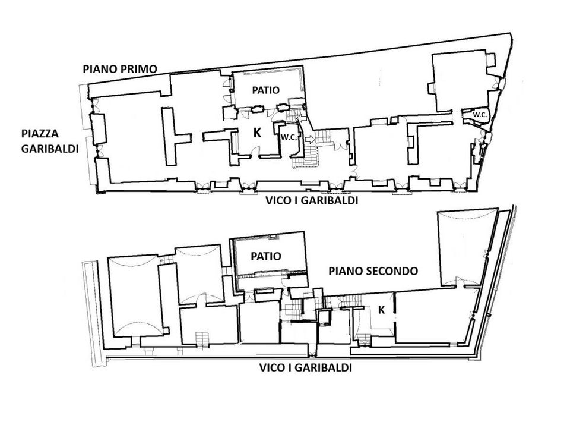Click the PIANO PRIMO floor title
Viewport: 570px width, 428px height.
pos(120,69)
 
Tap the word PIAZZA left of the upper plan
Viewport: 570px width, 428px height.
pos(40,134)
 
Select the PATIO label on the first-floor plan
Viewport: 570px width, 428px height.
pos(266,90)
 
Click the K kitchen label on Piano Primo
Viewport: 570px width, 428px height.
pos(257,133)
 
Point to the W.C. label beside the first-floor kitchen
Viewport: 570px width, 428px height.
pos(289,137)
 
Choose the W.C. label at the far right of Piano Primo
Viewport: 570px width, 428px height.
pos(480,115)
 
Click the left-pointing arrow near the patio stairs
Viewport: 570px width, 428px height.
pos(302,118)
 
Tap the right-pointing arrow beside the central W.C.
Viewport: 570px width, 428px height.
pos(310,139)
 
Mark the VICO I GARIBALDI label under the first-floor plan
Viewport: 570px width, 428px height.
pos(312,200)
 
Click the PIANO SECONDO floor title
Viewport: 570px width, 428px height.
pos(373,271)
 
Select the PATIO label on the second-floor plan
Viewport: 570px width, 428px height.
pos(266,256)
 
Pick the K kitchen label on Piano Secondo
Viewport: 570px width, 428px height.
pos(381,310)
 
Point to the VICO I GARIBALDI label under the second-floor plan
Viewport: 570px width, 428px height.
pos(305,367)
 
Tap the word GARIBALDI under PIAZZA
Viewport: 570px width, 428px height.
pos(50,149)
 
